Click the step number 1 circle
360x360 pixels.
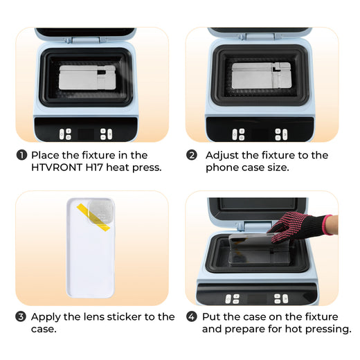click(x=21, y=155)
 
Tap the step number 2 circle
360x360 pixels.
click(x=192, y=155)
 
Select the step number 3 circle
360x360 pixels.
click(x=21, y=316)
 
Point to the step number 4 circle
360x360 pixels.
click(x=192, y=316)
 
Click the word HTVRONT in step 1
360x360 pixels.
click(x=57, y=168)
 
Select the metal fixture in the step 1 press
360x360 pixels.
click(x=87, y=78)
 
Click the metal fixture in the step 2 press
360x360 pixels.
click(x=262, y=75)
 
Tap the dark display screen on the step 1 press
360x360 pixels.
click(x=86, y=134)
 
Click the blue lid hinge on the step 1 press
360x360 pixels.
click(x=86, y=39)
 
